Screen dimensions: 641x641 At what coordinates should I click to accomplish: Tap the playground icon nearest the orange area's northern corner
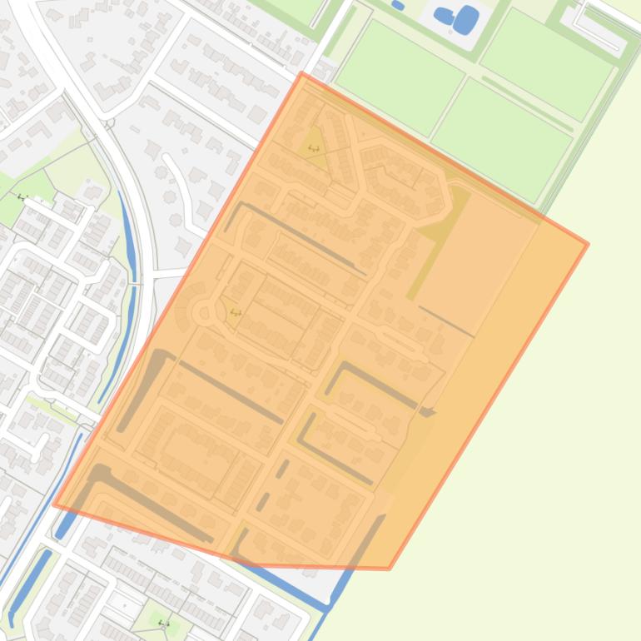(x=314, y=148)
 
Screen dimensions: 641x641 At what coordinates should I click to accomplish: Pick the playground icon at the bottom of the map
(x=164, y=623)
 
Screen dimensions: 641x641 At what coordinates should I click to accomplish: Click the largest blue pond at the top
(x=467, y=17)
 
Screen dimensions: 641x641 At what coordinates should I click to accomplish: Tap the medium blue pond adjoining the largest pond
(x=444, y=14)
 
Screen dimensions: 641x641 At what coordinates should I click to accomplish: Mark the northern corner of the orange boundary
(x=303, y=73)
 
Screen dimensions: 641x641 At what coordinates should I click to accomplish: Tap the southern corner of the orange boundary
(x=389, y=569)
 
